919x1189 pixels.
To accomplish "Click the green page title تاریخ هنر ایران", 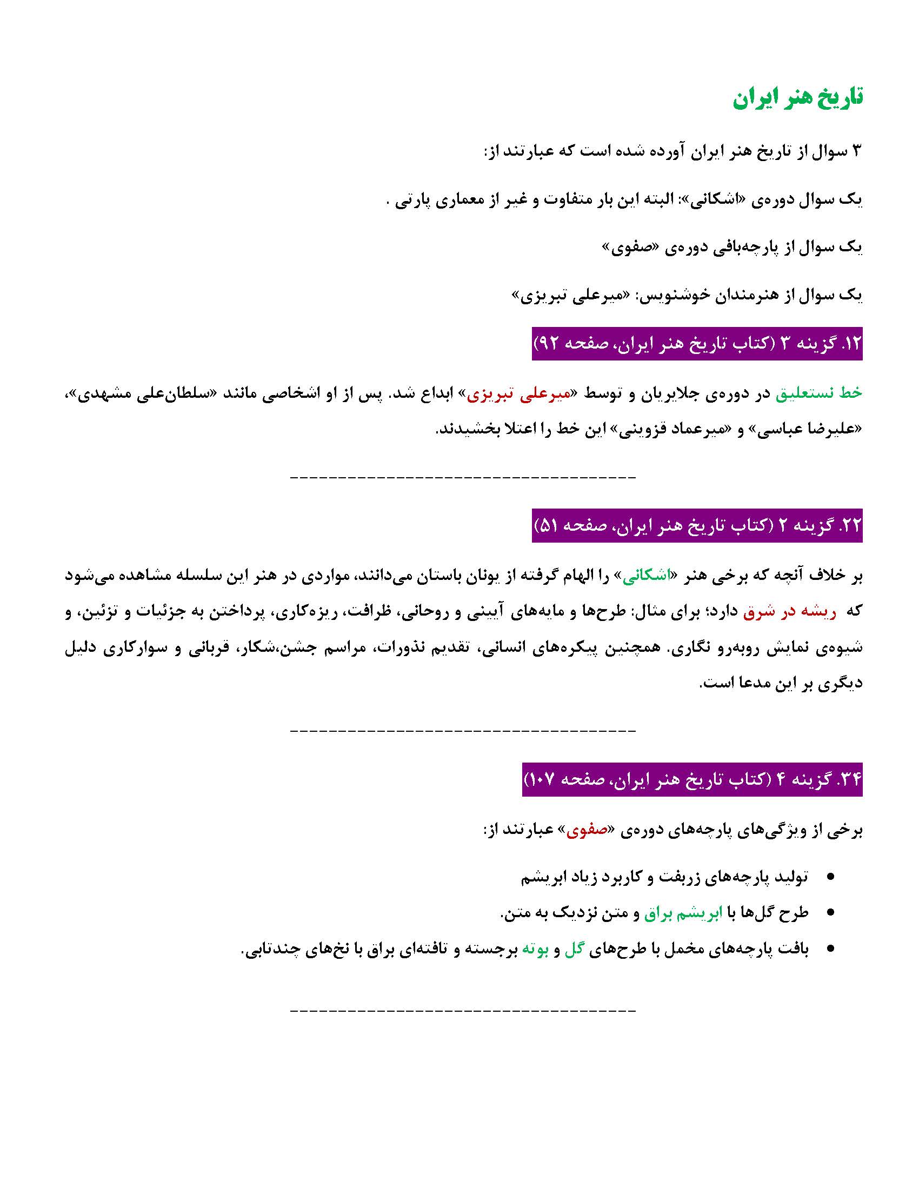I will pos(797,98).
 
